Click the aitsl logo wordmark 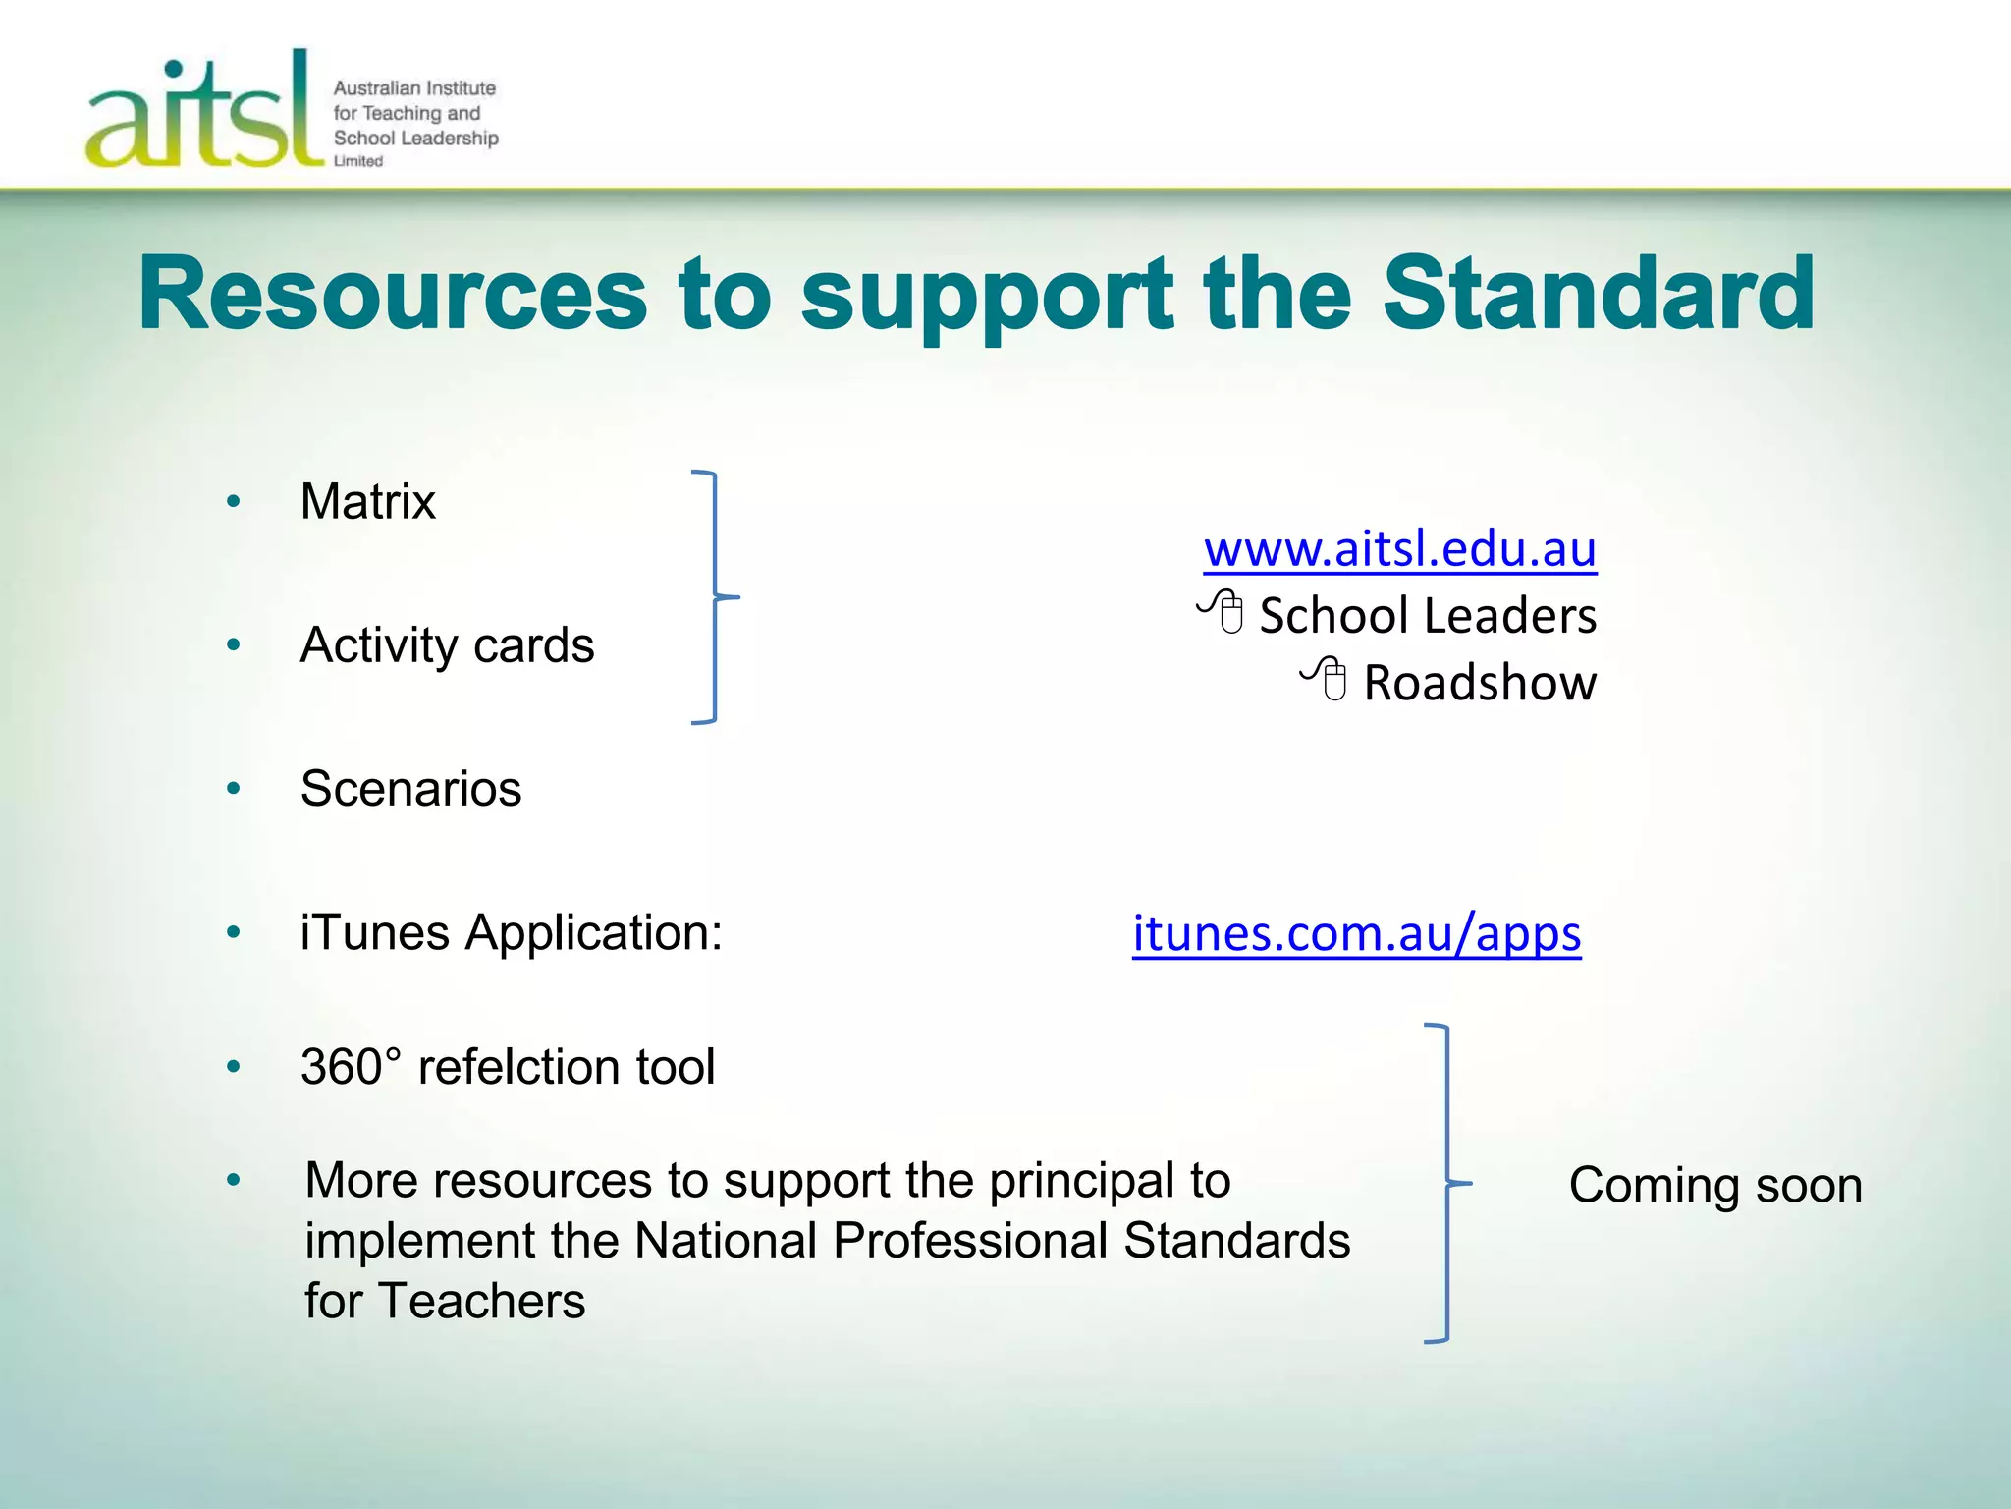pyautogui.click(x=203, y=113)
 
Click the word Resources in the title pyautogui.click(x=393, y=294)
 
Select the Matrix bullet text pyautogui.click(x=367, y=501)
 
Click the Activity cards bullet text pyautogui.click(x=447, y=645)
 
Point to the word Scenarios pyautogui.click(x=410, y=789)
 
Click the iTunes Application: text pyautogui.click(x=511, y=932)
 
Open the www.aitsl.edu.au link pyautogui.click(x=1399, y=548)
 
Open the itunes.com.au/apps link pyautogui.click(x=1356, y=933)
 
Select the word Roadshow pyautogui.click(x=1480, y=683)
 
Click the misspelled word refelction pyautogui.click(x=519, y=1067)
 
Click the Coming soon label pyautogui.click(x=1714, y=1185)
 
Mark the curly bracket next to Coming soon pyautogui.click(x=1444, y=1183)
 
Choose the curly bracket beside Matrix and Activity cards pyautogui.click(x=716, y=596)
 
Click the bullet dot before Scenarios pyautogui.click(x=234, y=789)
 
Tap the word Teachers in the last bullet pyautogui.click(x=481, y=1302)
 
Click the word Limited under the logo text pyautogui.click(x=358, y=161)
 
